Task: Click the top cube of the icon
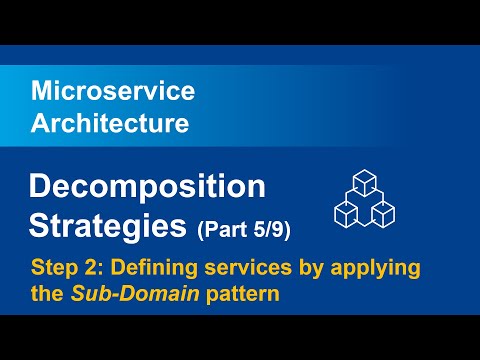[x=364, y=182]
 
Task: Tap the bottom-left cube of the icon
[x=346, y=212]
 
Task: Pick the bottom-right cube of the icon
[x=382, y=212]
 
